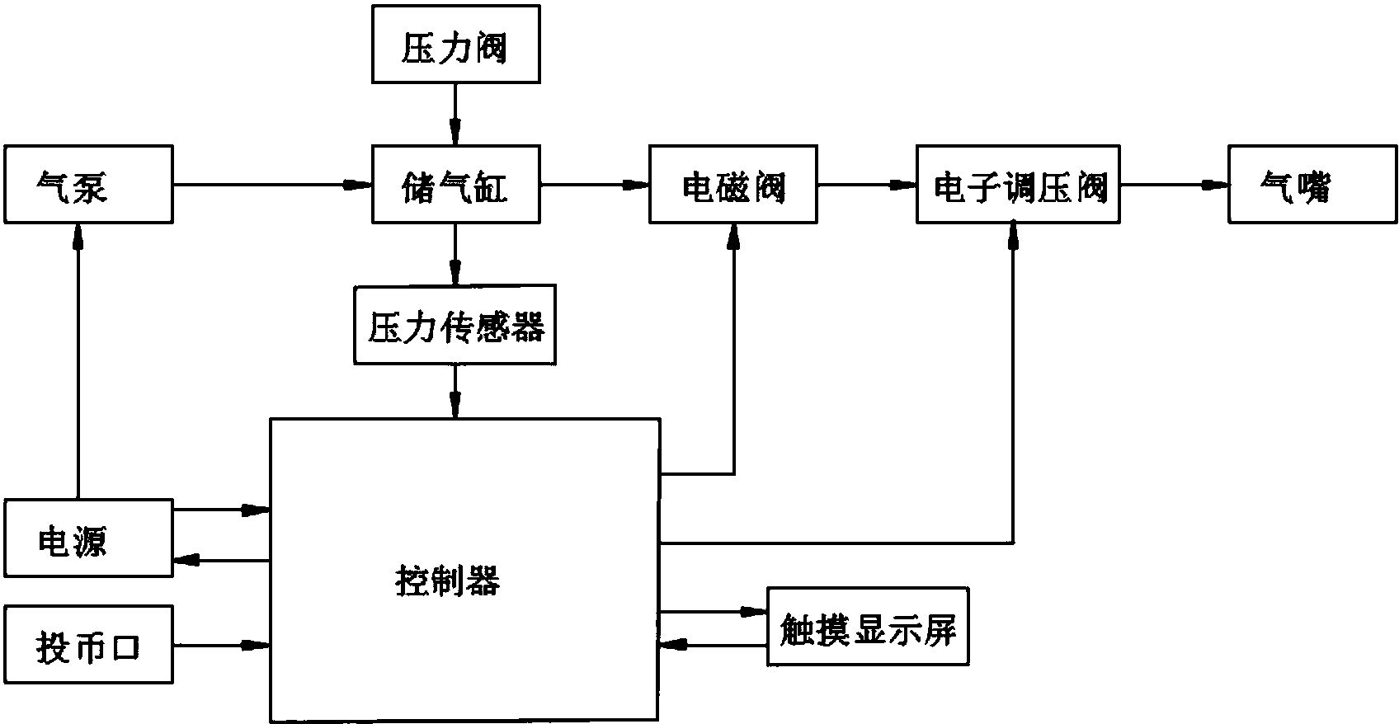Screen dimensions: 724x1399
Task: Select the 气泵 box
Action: (x=88, y=184)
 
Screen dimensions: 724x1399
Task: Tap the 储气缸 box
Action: (x=456, y=184)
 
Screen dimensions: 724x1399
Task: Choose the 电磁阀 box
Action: (x=733, y=184)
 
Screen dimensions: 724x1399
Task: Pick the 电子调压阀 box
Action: (x=1018, y=184)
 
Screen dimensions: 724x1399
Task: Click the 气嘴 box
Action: (x=1313, y=184)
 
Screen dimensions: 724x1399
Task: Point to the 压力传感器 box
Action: (x=455, y=325)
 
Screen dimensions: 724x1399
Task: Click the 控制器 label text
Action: (x=445, y=582)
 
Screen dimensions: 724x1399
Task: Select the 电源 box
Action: (x=88, y=538)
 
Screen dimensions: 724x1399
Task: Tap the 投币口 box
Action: (x=88, y=644)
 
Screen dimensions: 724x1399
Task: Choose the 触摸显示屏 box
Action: (x=867, y=627)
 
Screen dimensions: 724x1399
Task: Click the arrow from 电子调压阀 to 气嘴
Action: (x=1174, y=184)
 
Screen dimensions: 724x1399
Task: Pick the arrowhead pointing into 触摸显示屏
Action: (x=755, y=611)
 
